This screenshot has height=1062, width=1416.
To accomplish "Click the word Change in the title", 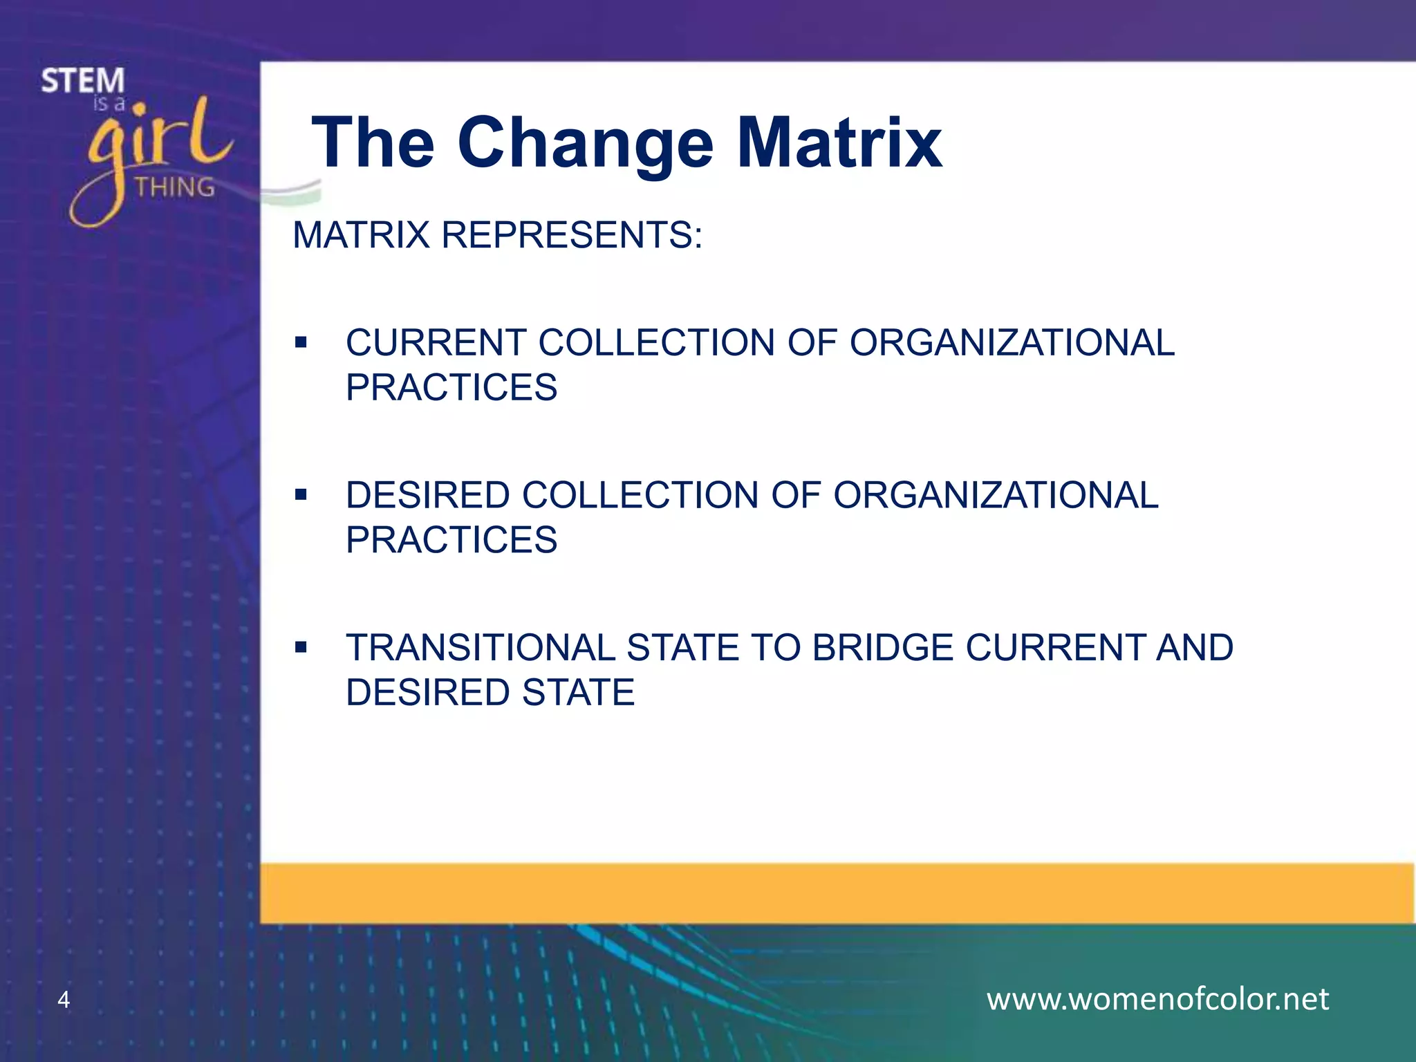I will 585,143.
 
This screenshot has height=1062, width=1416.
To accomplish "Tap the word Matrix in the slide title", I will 839,143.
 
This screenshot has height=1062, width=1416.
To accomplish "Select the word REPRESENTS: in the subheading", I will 572,235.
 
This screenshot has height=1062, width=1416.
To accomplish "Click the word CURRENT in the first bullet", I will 436,343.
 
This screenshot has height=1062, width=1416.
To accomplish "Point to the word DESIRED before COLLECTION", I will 427,496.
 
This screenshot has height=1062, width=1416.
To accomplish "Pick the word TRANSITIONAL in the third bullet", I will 480,648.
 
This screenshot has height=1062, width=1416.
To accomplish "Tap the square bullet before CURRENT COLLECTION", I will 300,342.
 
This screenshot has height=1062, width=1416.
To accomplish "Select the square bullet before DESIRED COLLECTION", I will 300,495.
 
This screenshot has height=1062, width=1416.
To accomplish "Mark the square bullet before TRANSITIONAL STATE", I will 300,648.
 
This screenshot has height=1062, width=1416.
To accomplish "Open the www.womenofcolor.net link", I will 1157,999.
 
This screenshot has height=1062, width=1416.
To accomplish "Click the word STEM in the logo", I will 83,82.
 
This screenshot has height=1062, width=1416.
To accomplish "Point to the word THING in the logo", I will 174,187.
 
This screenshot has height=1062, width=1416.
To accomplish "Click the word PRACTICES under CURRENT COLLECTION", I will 451,387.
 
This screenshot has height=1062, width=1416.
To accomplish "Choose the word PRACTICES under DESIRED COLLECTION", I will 451,540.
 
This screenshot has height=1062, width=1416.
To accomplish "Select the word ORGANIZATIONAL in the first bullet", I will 1012,343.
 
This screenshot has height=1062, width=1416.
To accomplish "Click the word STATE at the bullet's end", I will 578,693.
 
